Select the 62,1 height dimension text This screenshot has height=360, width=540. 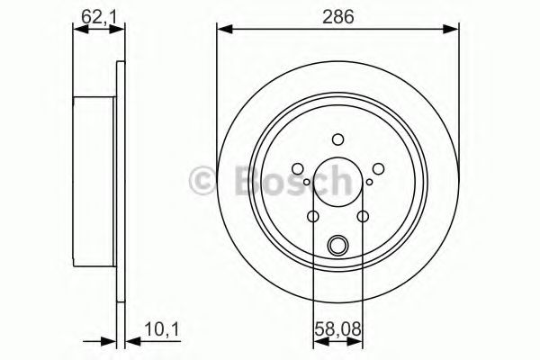coord(90,14)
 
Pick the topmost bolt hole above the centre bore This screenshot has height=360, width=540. coord(337,139)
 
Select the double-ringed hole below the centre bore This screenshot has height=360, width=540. coord(337,243)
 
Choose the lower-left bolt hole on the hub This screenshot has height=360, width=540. coord(313,216)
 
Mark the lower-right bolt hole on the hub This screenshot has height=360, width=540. coord(362,216)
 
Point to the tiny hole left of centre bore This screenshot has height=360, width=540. coord(307,184)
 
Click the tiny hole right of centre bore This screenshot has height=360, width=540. coord(369,184)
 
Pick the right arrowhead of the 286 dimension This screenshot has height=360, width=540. coord(453,30)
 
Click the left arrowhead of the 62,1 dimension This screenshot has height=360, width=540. coord(79,30)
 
